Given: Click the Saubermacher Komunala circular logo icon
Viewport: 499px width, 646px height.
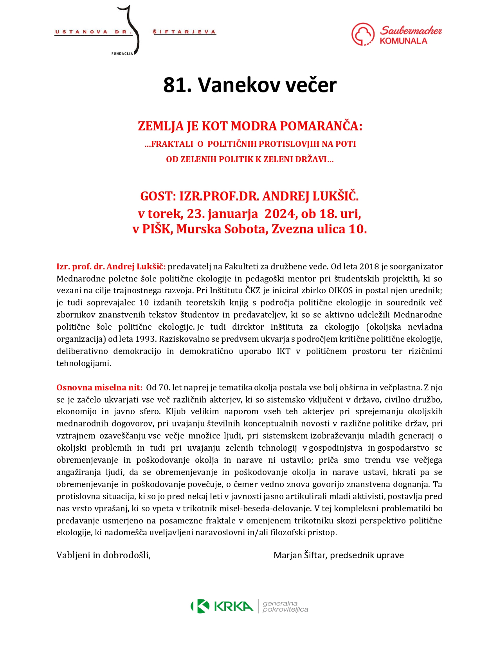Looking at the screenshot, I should point(363,34).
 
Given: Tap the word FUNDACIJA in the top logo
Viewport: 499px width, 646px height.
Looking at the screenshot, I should point(122,54).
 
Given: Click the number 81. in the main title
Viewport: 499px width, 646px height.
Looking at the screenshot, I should point(177,85).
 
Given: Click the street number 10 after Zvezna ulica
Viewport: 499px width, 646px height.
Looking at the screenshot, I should point(357,229).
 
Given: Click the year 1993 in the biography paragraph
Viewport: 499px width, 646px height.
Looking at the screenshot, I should point(145,339).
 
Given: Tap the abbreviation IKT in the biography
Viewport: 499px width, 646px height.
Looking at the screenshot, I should point(284,351).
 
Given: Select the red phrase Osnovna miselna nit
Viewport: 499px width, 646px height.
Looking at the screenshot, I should point(98,388).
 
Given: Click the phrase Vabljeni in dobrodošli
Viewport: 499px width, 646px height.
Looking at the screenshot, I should point(103,555).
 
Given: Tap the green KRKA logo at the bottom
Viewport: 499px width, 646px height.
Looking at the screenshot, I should point(222,606).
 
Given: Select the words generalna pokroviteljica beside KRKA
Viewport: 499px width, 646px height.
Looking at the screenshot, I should point(285,606).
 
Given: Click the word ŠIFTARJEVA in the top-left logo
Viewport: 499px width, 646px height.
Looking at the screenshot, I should point(184,32).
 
